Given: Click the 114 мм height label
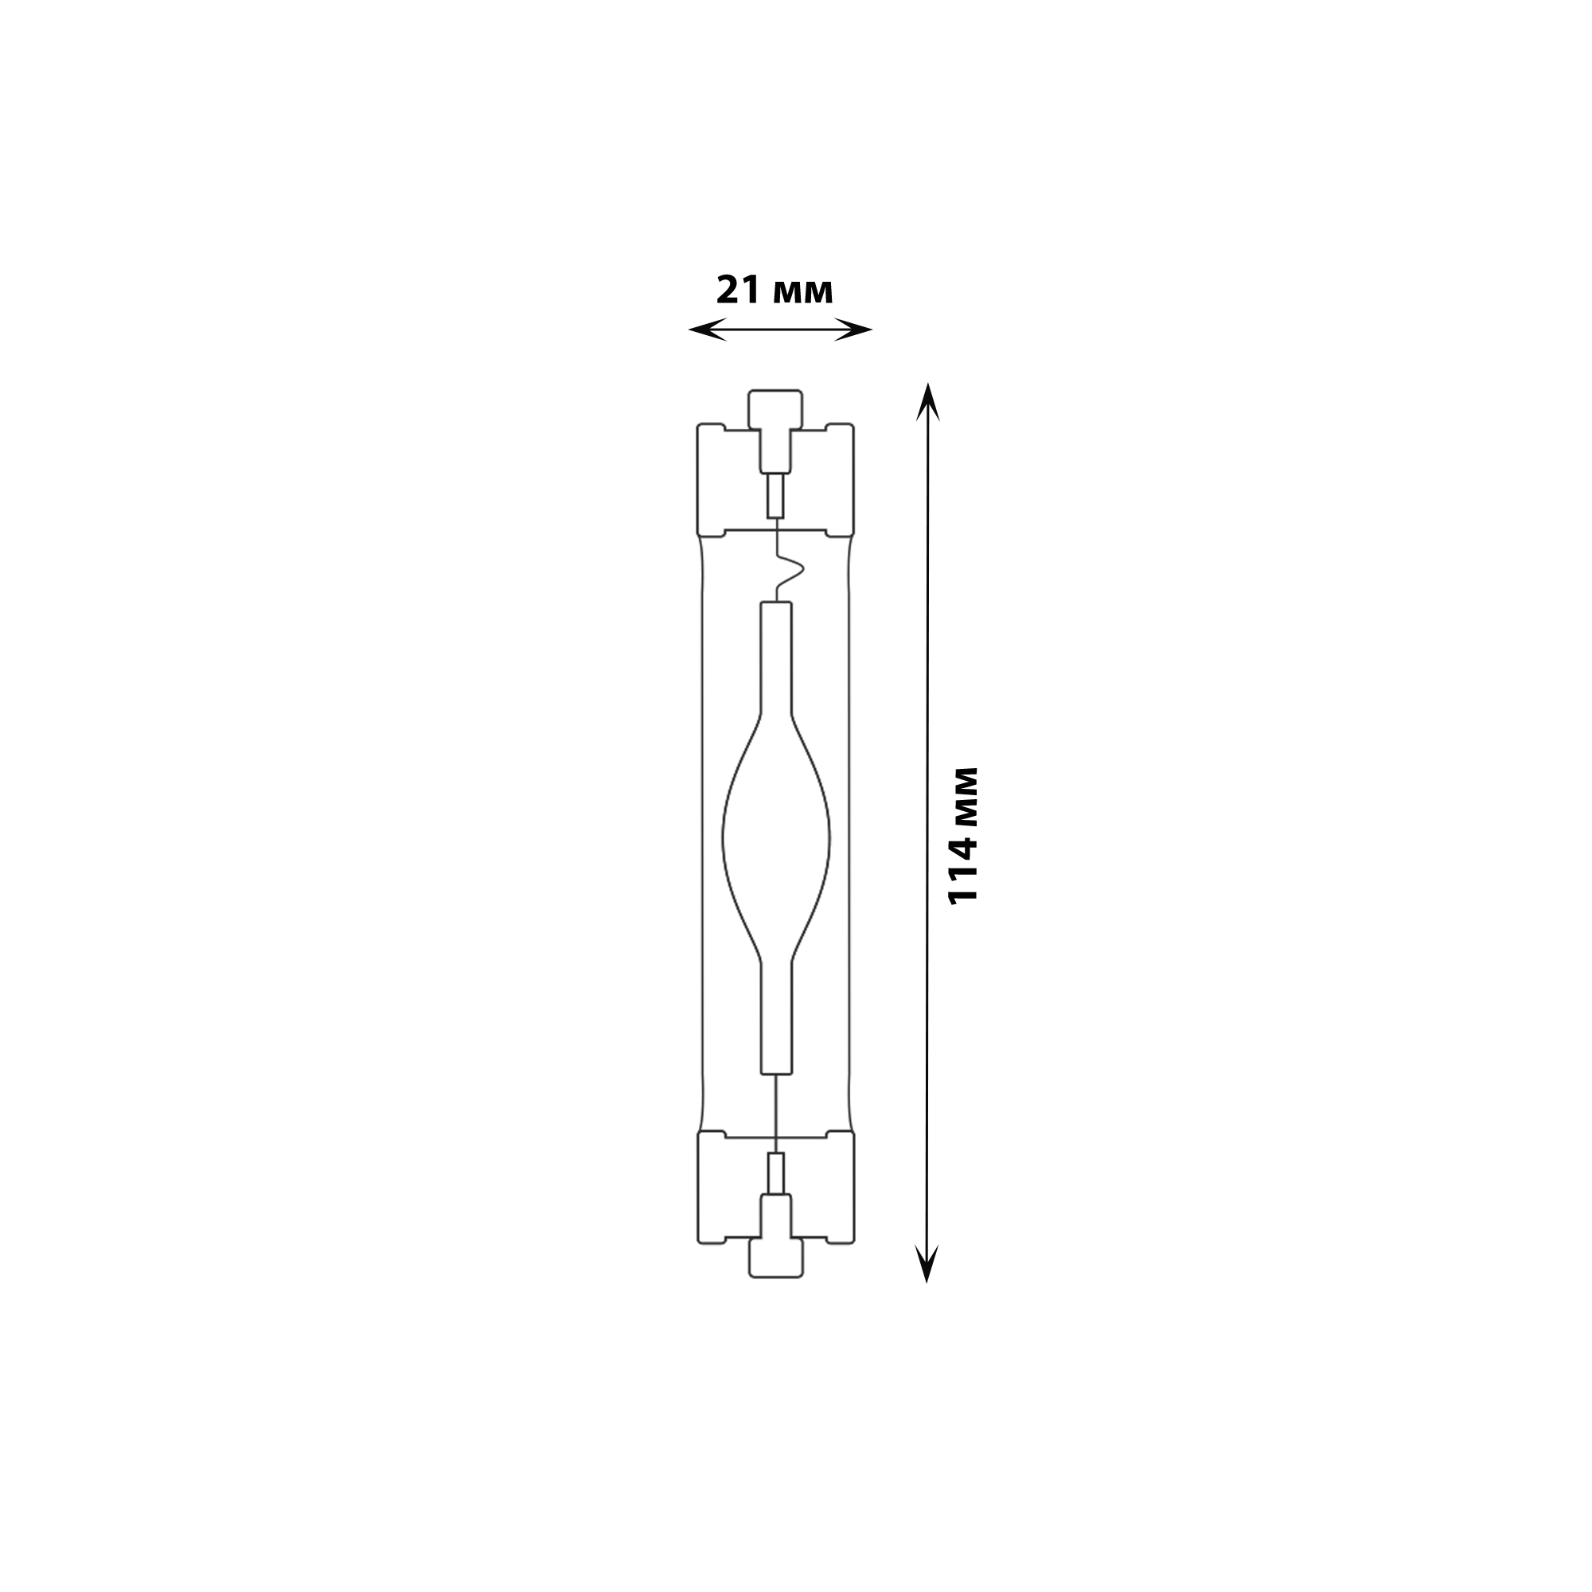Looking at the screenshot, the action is (x=962, y=836).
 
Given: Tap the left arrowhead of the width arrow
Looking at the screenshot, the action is (x=707, y=330).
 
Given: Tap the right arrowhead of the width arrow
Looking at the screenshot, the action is (x=853, y=330).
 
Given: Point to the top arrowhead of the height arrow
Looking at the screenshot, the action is (x=927, y=401).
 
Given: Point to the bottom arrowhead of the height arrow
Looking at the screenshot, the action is (x=927, y=1264).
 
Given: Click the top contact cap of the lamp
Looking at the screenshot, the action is (x=775, y=408).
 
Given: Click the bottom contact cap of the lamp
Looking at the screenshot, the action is (x=775, y=1258).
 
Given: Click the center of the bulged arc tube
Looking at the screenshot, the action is (x=775, y=838).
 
